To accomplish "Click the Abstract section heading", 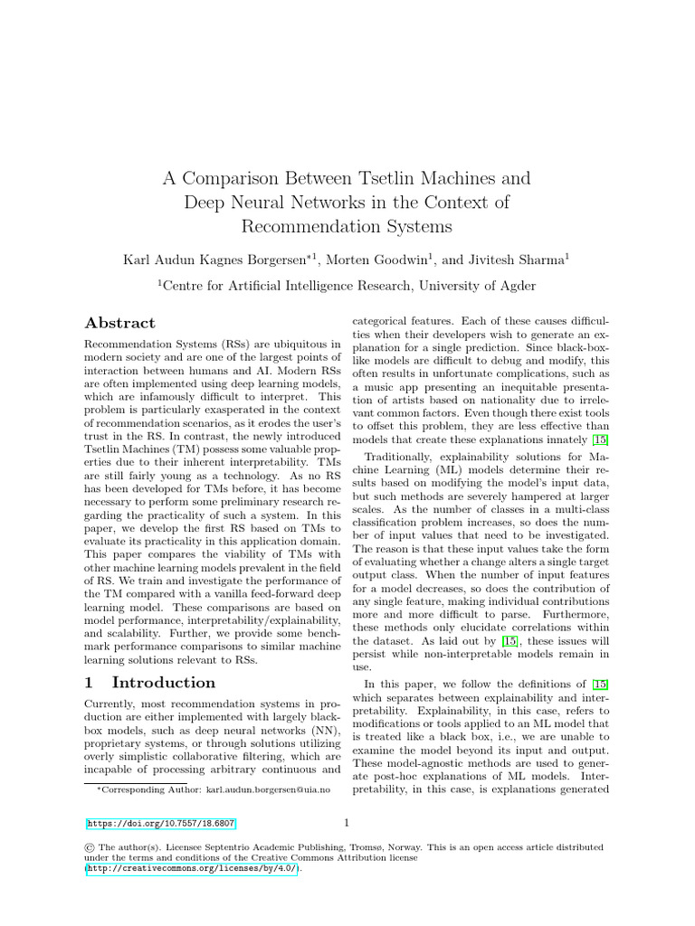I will pos(119,323).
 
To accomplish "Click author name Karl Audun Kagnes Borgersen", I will pos(218,260).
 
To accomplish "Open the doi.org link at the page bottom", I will pos(161,824).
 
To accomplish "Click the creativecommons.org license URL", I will pos(192,868).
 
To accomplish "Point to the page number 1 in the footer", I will pos(347,823).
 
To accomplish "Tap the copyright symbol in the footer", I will pos(90,847).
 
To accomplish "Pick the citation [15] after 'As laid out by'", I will pos(511,641).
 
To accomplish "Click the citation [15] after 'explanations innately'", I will pos(600,440).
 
